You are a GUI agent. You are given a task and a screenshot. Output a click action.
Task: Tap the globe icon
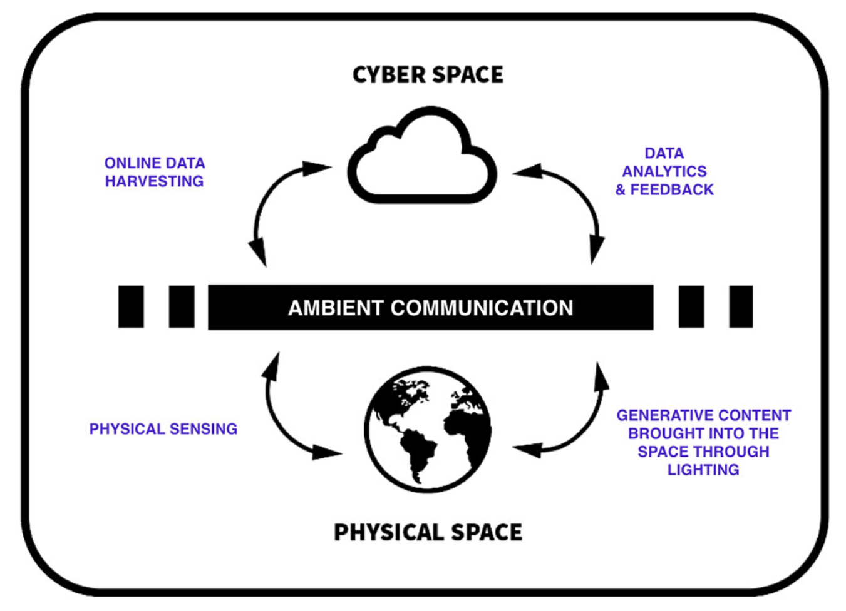pyautogui.click(x=428, y=429)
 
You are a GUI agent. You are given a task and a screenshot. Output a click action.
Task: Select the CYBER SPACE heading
pyautogui.click(x=428, y=75)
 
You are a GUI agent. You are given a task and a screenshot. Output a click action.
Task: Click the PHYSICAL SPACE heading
pyautogui.click(x=428, y=532)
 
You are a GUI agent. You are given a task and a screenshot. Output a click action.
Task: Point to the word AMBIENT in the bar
pyautogui.click(x=335, y=308)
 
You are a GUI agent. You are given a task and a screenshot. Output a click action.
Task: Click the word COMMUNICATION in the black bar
pyautogui.click(x=482, y=308)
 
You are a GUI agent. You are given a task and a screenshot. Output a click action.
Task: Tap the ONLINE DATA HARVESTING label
pyautogui.click(x=155, y=172)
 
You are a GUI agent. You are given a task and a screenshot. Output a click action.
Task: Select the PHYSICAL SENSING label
pyautogui.click(x=163, y=429)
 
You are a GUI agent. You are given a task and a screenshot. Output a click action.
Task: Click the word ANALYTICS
pyautogui.click(x=664, y=171)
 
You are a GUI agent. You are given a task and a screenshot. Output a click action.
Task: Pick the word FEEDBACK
pyautogui.click(x=672, y=189)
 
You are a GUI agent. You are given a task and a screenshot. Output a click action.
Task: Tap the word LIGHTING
pyautogui.click(x=703, y=470)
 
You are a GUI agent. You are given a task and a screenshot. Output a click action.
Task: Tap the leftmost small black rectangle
pyautogui.click(x=131, y=306)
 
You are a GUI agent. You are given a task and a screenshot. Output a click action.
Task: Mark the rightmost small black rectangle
pyautogui.click(x=741, y=306)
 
